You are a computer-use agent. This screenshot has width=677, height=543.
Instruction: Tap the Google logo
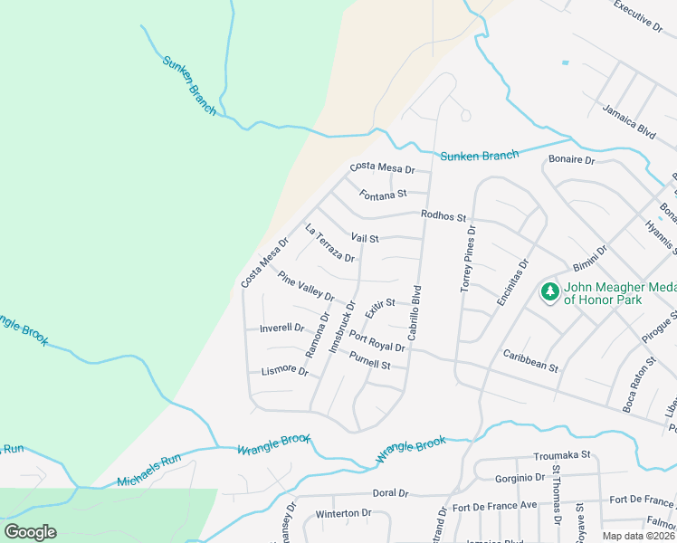30,532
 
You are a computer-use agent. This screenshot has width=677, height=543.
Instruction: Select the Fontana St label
383,194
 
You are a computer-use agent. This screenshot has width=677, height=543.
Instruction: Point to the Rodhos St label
443,216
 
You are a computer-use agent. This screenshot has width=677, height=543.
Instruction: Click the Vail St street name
364,238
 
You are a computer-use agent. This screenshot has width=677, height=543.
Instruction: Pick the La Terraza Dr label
329,243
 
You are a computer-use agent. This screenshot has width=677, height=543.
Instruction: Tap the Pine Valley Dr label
306,287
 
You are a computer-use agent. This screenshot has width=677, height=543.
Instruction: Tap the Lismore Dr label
284,371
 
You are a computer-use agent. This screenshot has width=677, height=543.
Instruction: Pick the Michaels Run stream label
148,472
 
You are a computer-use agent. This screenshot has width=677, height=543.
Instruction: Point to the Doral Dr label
391,493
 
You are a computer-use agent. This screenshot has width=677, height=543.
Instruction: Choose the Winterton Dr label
343,513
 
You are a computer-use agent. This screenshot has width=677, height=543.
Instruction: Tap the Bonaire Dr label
571,160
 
